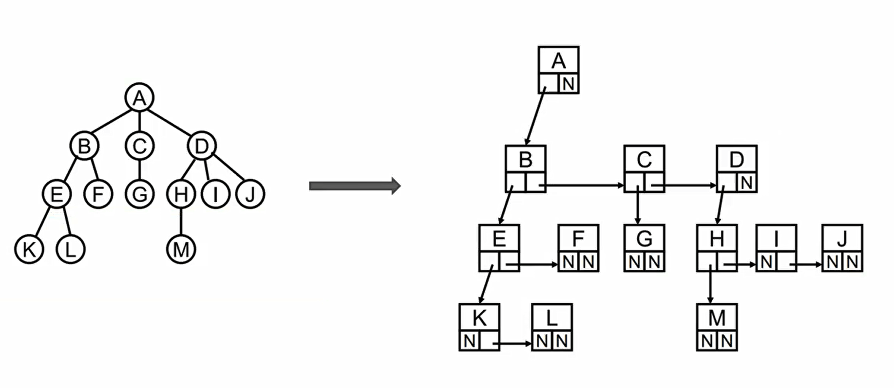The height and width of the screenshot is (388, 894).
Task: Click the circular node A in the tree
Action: (139, 98)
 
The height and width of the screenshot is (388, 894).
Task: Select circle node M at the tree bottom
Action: (181, 249)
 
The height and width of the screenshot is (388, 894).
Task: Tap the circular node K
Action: (29, 249)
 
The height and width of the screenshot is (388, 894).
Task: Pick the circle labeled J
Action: (250, 194)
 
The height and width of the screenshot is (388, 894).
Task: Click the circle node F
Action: (98, 194)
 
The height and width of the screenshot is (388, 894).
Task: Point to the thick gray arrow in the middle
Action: (355, 186)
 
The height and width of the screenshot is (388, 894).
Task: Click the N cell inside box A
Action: (569, 84)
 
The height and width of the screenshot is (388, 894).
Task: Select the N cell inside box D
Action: (747, 183)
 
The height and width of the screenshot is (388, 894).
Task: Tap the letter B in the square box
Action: (525, 160)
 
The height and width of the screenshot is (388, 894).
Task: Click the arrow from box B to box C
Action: (585, 185)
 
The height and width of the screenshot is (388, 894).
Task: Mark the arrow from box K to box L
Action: (514, 344)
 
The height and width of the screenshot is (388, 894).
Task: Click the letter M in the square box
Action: (717, 318)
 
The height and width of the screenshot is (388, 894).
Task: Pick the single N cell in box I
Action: (766, 262)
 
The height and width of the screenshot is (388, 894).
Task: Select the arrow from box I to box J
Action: (807, 265)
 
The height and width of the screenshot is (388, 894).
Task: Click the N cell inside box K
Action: (469, 341)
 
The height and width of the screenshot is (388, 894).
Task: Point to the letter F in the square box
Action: (578, 239)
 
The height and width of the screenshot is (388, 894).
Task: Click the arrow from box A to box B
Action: (535, 117)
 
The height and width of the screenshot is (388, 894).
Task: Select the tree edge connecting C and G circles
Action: (139, 170)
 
